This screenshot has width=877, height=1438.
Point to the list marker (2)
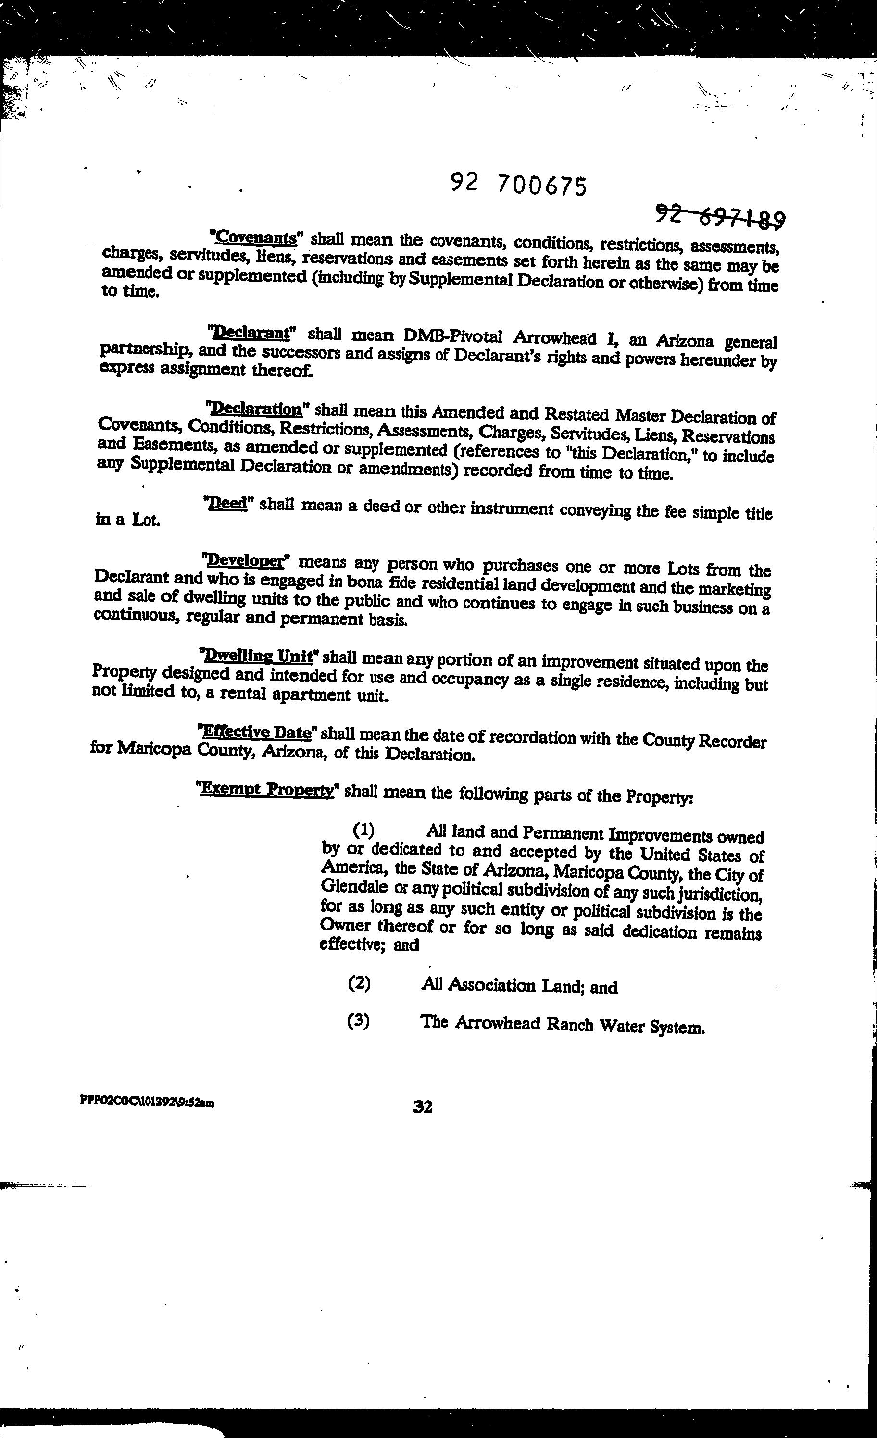[x=359, y=983]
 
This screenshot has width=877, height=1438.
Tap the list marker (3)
[x=358, y=1021]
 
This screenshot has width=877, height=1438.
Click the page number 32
[x=422, y=1106]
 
